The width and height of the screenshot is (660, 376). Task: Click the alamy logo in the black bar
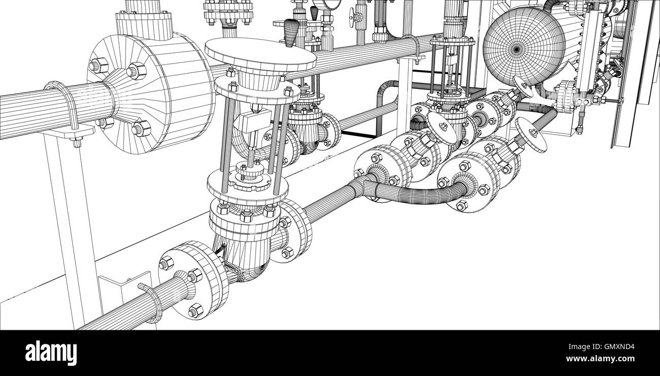point(51,353)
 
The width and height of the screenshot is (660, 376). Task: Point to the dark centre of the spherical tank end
point(517,49)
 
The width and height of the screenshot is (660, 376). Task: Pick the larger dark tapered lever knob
point(291,33)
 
